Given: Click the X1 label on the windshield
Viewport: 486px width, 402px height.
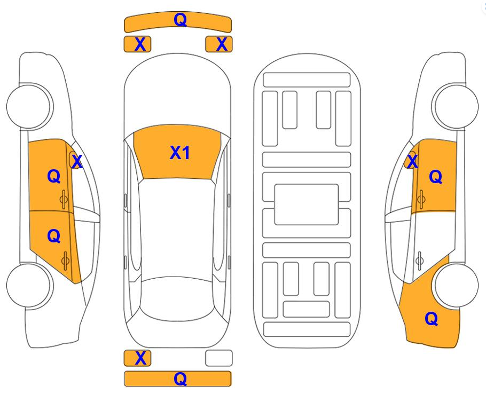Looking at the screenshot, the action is coord(179,153).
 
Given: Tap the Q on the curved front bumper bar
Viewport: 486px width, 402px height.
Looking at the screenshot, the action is coord(181,20).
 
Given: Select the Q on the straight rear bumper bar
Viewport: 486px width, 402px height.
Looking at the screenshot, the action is coord(181,379).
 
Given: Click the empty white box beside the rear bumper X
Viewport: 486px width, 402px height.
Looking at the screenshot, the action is coord(219,358).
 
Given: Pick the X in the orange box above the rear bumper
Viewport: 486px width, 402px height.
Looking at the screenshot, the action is coord(140,358).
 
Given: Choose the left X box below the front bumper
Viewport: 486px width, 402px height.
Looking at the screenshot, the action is coord(138,44).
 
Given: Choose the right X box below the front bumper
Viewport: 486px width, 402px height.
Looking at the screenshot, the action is coord(219,44).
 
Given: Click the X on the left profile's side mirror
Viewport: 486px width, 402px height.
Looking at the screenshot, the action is coord(76,161).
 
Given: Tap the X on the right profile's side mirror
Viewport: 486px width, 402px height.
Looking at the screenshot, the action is coord(412,161).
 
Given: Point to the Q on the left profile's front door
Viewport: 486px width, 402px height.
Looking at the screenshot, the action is coord(53,176).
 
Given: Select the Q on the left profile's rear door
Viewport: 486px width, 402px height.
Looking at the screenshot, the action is coord(53,236).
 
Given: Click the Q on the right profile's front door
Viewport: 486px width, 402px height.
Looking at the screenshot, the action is coord(435,177).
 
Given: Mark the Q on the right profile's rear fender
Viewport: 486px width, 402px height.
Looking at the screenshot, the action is coord(431,319).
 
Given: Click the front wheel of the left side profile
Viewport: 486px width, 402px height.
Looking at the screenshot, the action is coord(30,106).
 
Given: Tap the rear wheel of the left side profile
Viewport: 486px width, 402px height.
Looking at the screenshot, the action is coord(30,286).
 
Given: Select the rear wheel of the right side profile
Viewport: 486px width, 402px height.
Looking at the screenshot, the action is coord(455,286).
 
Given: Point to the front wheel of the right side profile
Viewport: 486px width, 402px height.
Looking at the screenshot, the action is coord(455,106).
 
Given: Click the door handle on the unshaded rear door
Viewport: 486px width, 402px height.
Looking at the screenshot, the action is coord(419,261).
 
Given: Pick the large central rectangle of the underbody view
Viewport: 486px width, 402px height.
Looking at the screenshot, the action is coord(306,204).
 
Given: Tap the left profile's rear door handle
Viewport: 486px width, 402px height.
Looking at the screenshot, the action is coord(65,261).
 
